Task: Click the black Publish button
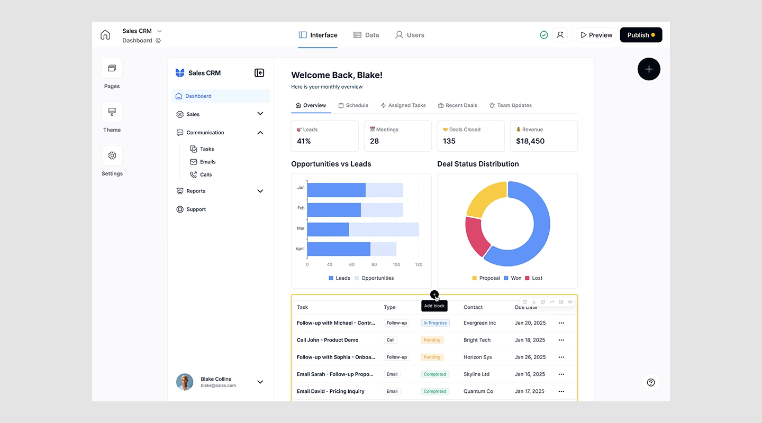pyautogui.click(x=641, y=35)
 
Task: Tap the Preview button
pyautogui.click(x=596, y=35)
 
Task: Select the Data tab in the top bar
pyautogui.click(x=366, y=35)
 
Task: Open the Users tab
pyautogui.click(x=410, y=35)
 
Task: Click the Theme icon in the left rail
pyautogui.click(x=112, y=112)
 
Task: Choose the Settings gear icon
pyautogui.click(x=112, y=155)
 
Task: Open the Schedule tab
pyautogui.click(x=353, y=105)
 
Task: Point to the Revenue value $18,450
pyautogui.click(x=530, y=141)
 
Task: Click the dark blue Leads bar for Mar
pyautogui.click(x=328, y=229)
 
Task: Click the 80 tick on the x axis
pyautogui.click(x=374, y=264)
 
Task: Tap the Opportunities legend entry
pyautogui.click(x=374, y=278)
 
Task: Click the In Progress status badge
pyautogui.click(x=435, y=323)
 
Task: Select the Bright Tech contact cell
pyautogui.click(x=477, y=340)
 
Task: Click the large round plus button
pyautogui.click(x=649, y=69)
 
